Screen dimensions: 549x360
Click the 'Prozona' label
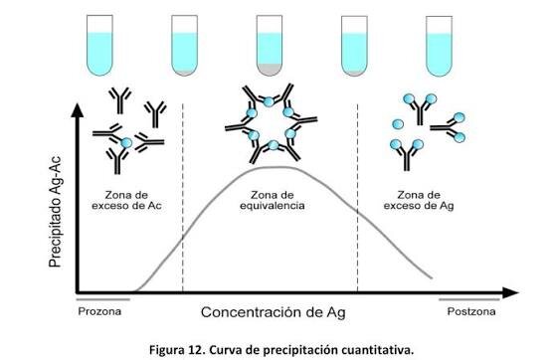point(99,311)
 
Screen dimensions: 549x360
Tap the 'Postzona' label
point(471,311)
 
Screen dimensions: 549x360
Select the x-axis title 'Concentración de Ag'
point(274,312)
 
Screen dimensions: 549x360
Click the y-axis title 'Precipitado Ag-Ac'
point(55,212)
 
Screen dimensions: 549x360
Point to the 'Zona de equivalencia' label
point(273,200)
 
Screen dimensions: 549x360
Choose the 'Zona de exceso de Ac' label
point(126,200)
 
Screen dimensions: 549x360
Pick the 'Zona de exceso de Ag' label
point(419,200)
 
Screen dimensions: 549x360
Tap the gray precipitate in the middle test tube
point(270,69)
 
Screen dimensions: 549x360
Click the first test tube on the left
point(99,45)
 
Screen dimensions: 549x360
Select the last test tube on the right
point(439,46)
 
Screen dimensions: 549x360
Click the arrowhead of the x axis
point(510,292)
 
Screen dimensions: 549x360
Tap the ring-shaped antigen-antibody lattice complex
point(271,123)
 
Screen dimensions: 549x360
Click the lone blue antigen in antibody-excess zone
point(126,143)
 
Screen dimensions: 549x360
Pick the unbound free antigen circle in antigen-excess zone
point(398,124)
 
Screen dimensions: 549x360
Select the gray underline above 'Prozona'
point(103,299)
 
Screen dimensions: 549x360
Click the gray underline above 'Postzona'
point(469,299)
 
